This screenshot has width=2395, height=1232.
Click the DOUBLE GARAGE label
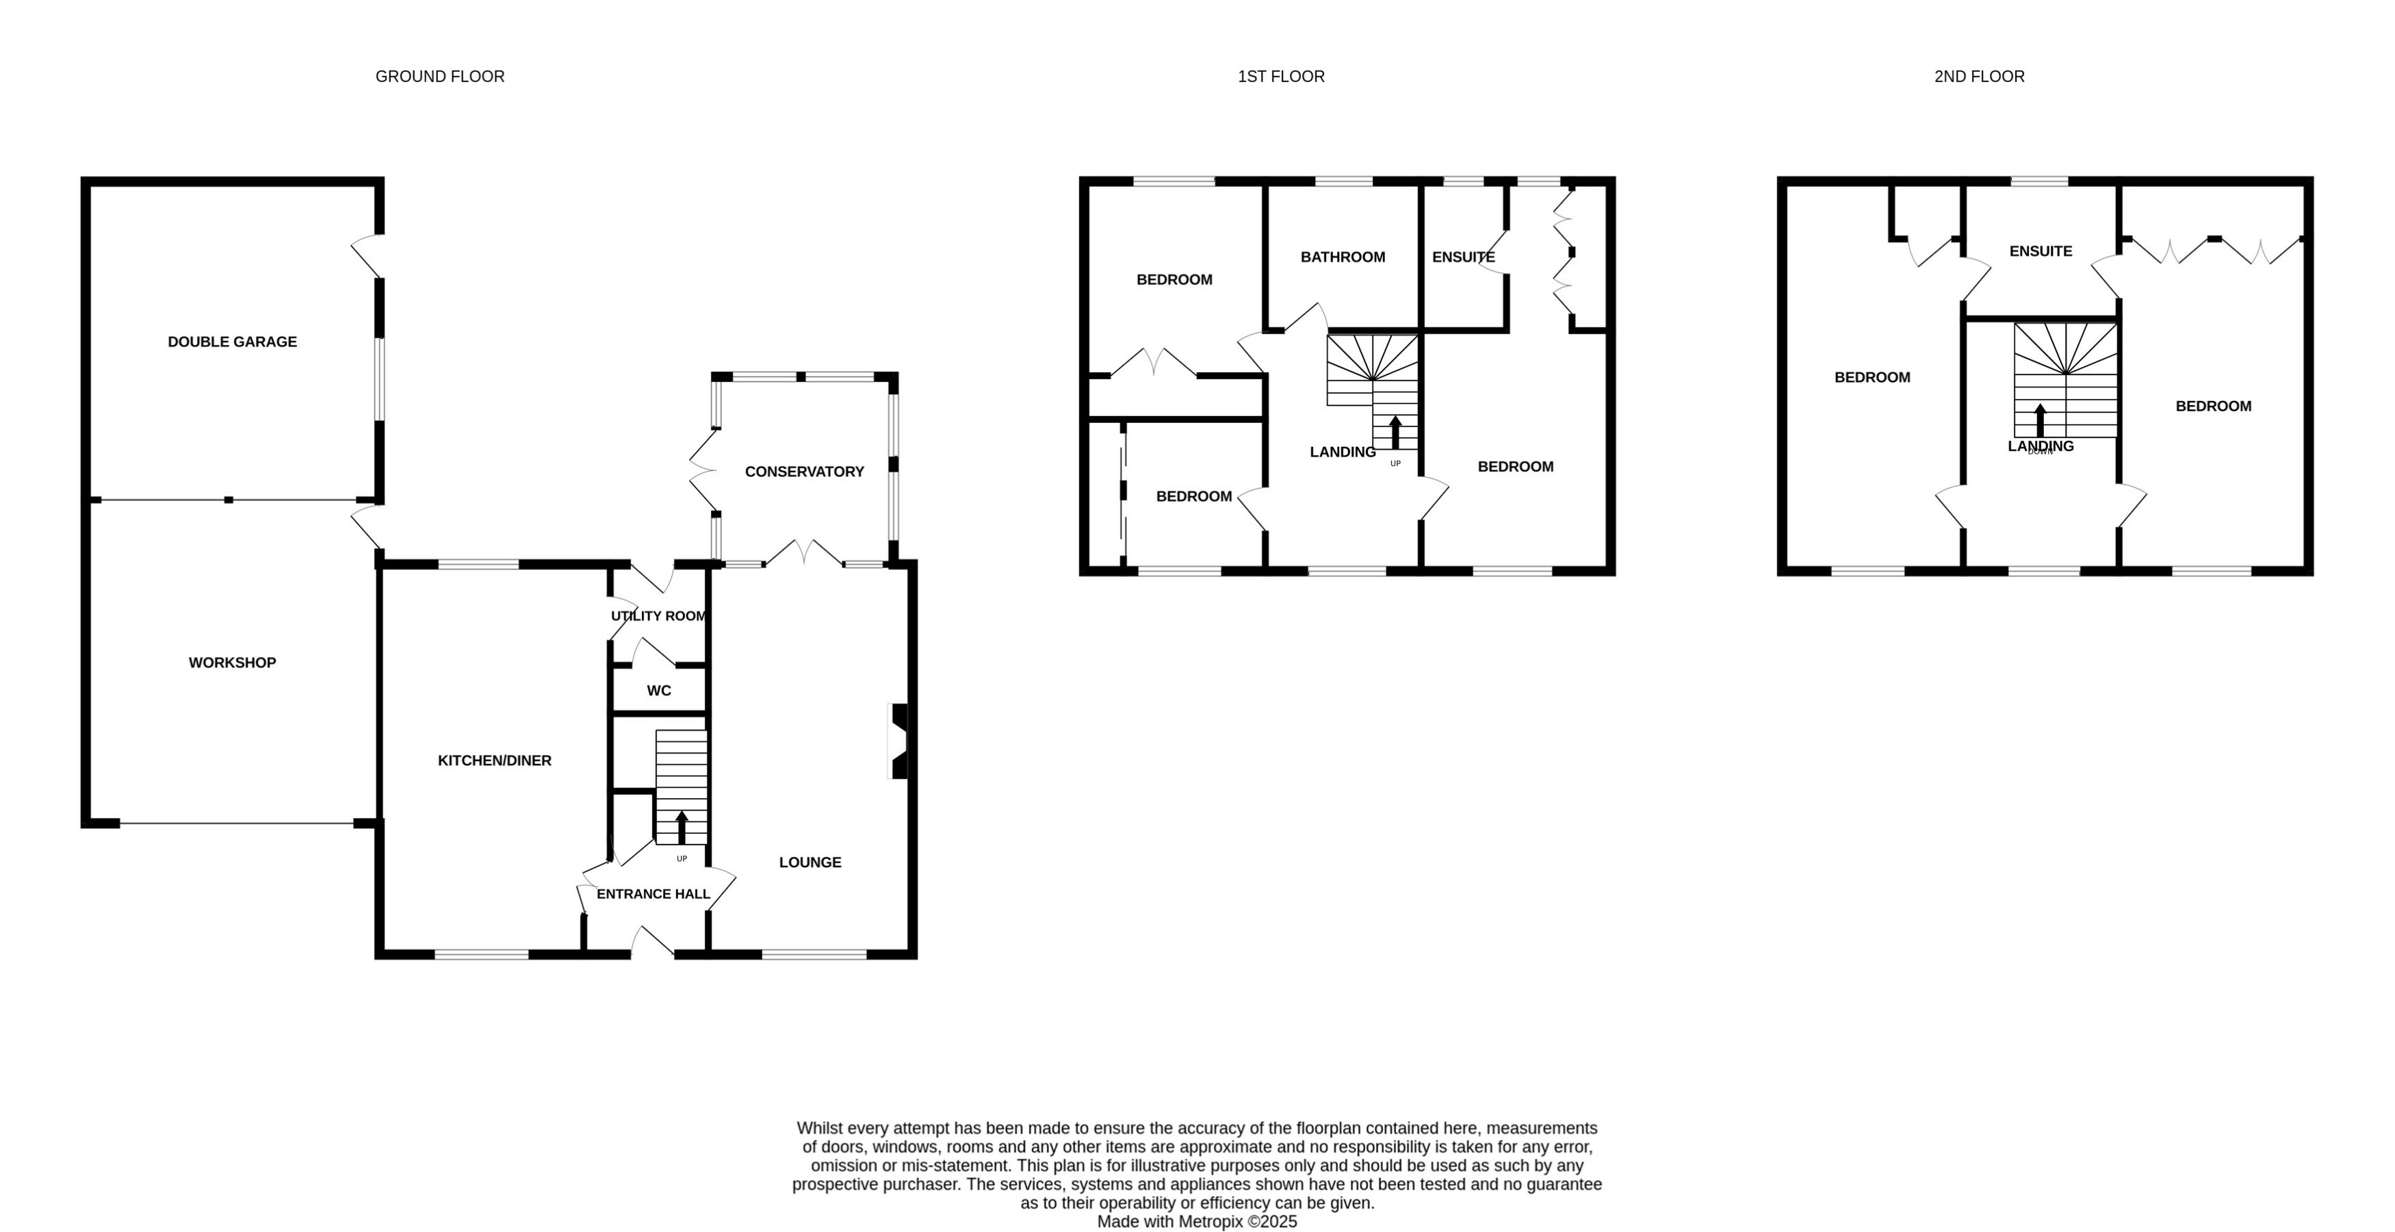coord(233,342)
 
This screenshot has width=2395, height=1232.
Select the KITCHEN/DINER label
coord(495,760)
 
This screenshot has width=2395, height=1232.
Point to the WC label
coord(658,691)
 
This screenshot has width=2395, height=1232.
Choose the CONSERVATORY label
coord(804,472)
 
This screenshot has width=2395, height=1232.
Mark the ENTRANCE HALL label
coord(653,895)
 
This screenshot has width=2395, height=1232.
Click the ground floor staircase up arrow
coord(682,827)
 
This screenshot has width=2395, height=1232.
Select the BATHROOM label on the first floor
coord(1343,257)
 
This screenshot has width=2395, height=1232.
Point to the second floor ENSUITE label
coord(2040,252)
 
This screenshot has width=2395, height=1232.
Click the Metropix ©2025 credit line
coord(1197,1222)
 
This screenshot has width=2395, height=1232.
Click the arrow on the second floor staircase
coord(2040,420)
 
